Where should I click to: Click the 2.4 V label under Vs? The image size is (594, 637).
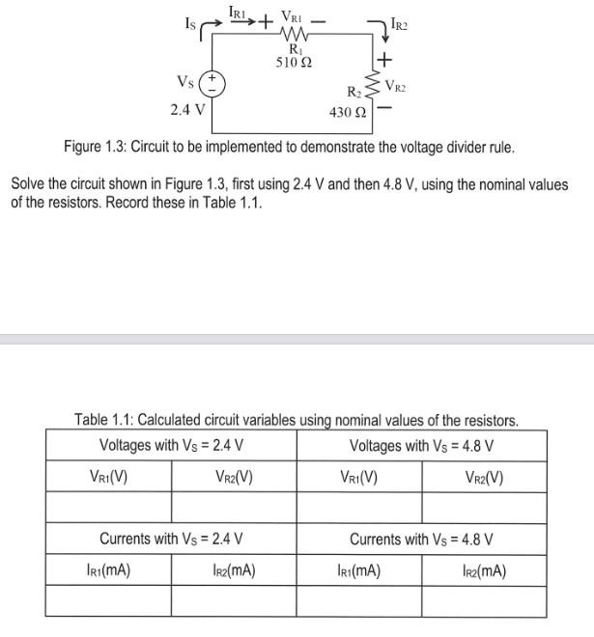pos(187,108)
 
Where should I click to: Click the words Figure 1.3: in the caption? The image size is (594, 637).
pos(98,148)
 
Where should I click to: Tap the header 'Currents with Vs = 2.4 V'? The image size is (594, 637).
pos(171,539)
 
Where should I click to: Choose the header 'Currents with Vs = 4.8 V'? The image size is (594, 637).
pos(421,539)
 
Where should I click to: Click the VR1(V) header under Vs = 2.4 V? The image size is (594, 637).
pos(108,477)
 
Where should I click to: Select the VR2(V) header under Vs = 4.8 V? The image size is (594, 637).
pos(484,477)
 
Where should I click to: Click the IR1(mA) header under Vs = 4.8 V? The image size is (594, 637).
pos(358,570)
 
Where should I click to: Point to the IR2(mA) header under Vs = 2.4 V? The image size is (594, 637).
pos(234,570)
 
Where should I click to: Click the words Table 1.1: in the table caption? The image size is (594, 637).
pos(105,420)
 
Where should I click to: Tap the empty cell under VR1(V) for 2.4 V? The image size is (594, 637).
pos(108,507)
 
